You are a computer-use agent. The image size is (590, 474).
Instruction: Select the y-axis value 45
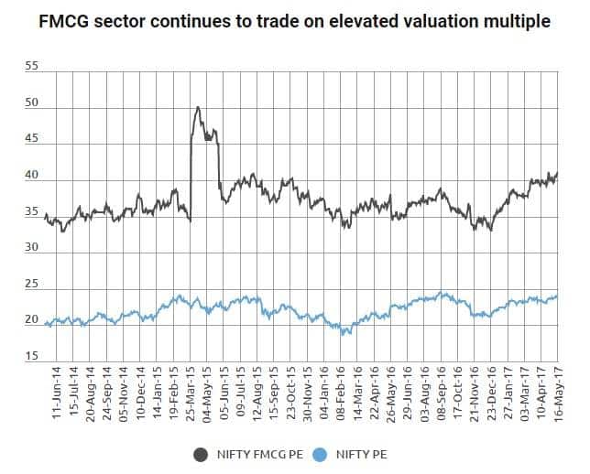(x=31, y=140)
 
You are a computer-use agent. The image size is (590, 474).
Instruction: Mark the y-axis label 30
(x=31, y=248)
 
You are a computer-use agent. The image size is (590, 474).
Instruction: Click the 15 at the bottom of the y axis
(x=31, y=357)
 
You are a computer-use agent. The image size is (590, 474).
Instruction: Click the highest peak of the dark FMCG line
(x=198, y=107)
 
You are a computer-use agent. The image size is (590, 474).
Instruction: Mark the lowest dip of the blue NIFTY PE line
(x=344, y=335)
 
